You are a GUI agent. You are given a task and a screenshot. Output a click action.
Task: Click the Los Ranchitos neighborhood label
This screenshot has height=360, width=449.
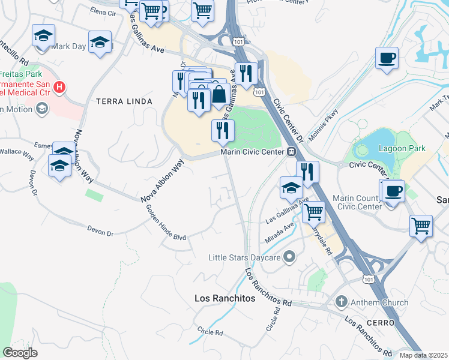226,298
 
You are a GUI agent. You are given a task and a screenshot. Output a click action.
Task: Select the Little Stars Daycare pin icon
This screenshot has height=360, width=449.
289,258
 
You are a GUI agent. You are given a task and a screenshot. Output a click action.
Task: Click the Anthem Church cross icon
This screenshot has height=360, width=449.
341,302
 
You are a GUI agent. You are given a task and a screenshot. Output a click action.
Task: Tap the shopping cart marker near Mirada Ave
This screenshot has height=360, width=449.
313,212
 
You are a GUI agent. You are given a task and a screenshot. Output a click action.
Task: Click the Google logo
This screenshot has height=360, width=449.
20,353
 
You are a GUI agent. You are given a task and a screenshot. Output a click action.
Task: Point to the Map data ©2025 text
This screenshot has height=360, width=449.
424,355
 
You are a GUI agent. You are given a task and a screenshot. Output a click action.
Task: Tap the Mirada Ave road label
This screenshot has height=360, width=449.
280,232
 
